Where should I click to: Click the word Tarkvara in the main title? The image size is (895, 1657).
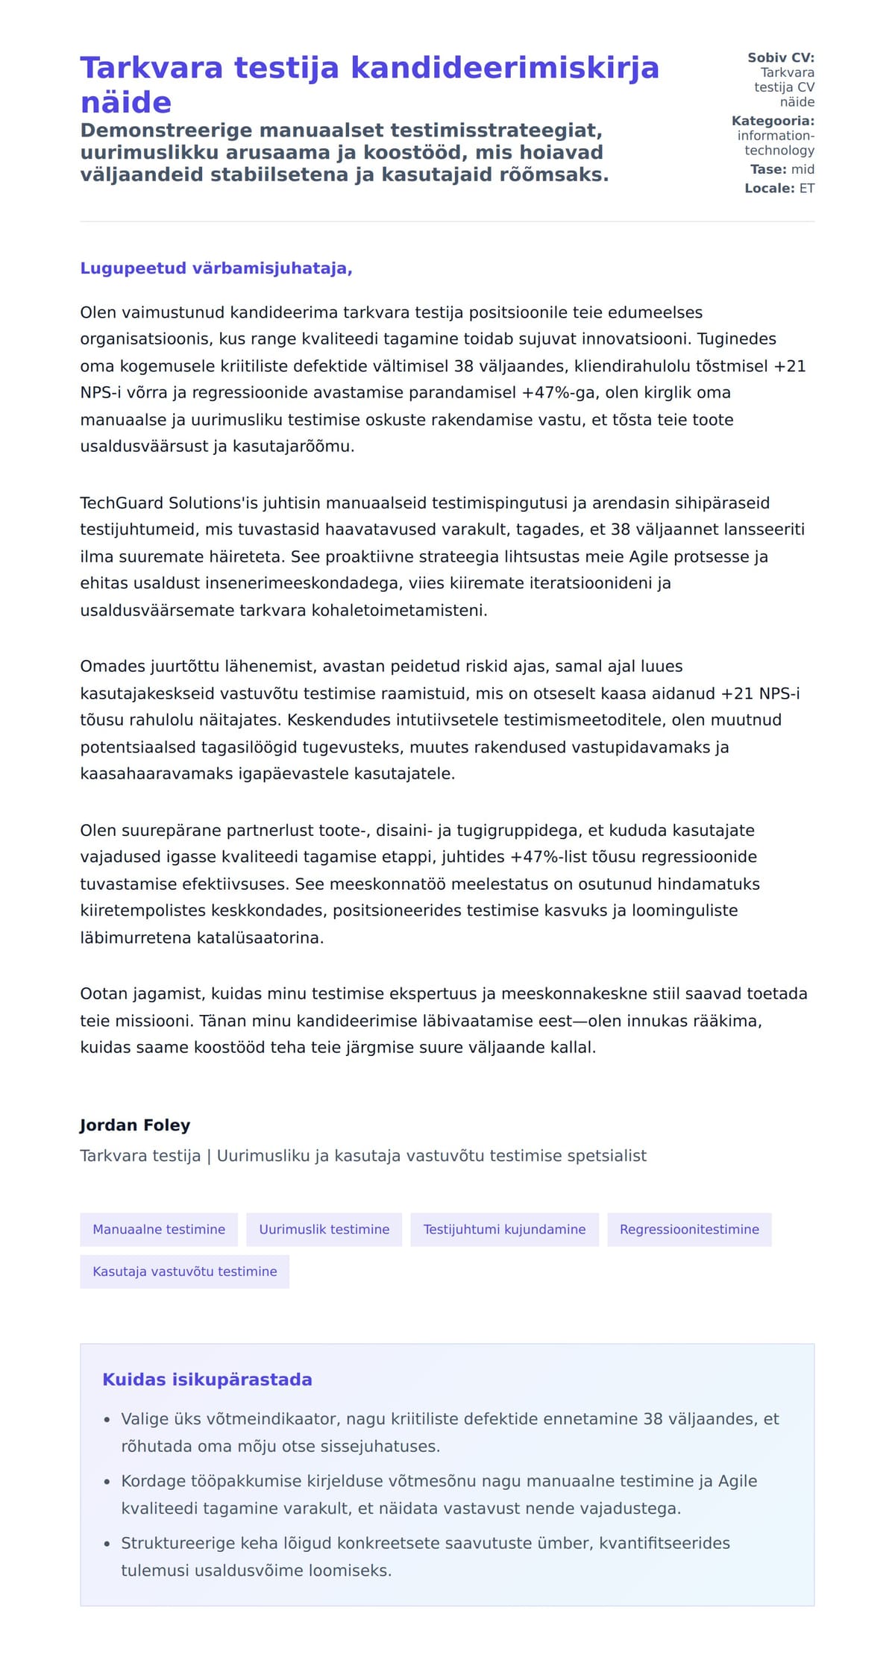tap(151, 68)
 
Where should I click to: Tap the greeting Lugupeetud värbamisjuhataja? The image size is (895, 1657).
tap(216, 268)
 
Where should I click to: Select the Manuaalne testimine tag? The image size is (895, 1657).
tap(159, 1230)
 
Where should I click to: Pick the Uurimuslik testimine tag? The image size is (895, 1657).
tap(324, 1230)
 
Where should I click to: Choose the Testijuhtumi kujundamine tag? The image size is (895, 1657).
tap(504, 1230)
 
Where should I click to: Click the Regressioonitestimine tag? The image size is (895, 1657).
tap(689, 1230)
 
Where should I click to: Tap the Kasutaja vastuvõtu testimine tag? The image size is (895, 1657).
tap(184, 1271)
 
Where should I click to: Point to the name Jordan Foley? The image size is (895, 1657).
tap(135, 1125)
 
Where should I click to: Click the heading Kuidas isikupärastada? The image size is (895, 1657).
tap(207, 1380)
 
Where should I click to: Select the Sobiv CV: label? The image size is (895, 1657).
tap(781, 57)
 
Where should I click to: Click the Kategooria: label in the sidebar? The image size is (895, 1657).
tap(773, 121)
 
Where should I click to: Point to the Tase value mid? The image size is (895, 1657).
tap(803, 169)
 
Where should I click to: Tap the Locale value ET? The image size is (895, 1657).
tap(807, 189)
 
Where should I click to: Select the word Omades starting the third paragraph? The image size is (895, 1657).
tap(107, 667)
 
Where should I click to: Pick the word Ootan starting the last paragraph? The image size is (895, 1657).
tap(104, 994)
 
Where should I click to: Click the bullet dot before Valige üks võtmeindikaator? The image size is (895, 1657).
tap(107, 1421)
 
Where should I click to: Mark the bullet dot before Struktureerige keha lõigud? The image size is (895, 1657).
tap(107, 1544)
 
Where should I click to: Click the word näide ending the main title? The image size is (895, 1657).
tap(126, 103)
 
